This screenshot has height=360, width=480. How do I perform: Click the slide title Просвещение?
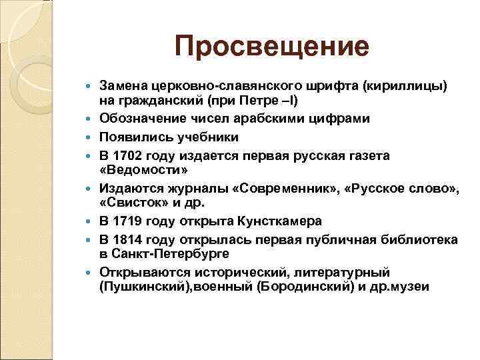pos(271,47)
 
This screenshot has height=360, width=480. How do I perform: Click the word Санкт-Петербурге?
pos(169,255)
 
